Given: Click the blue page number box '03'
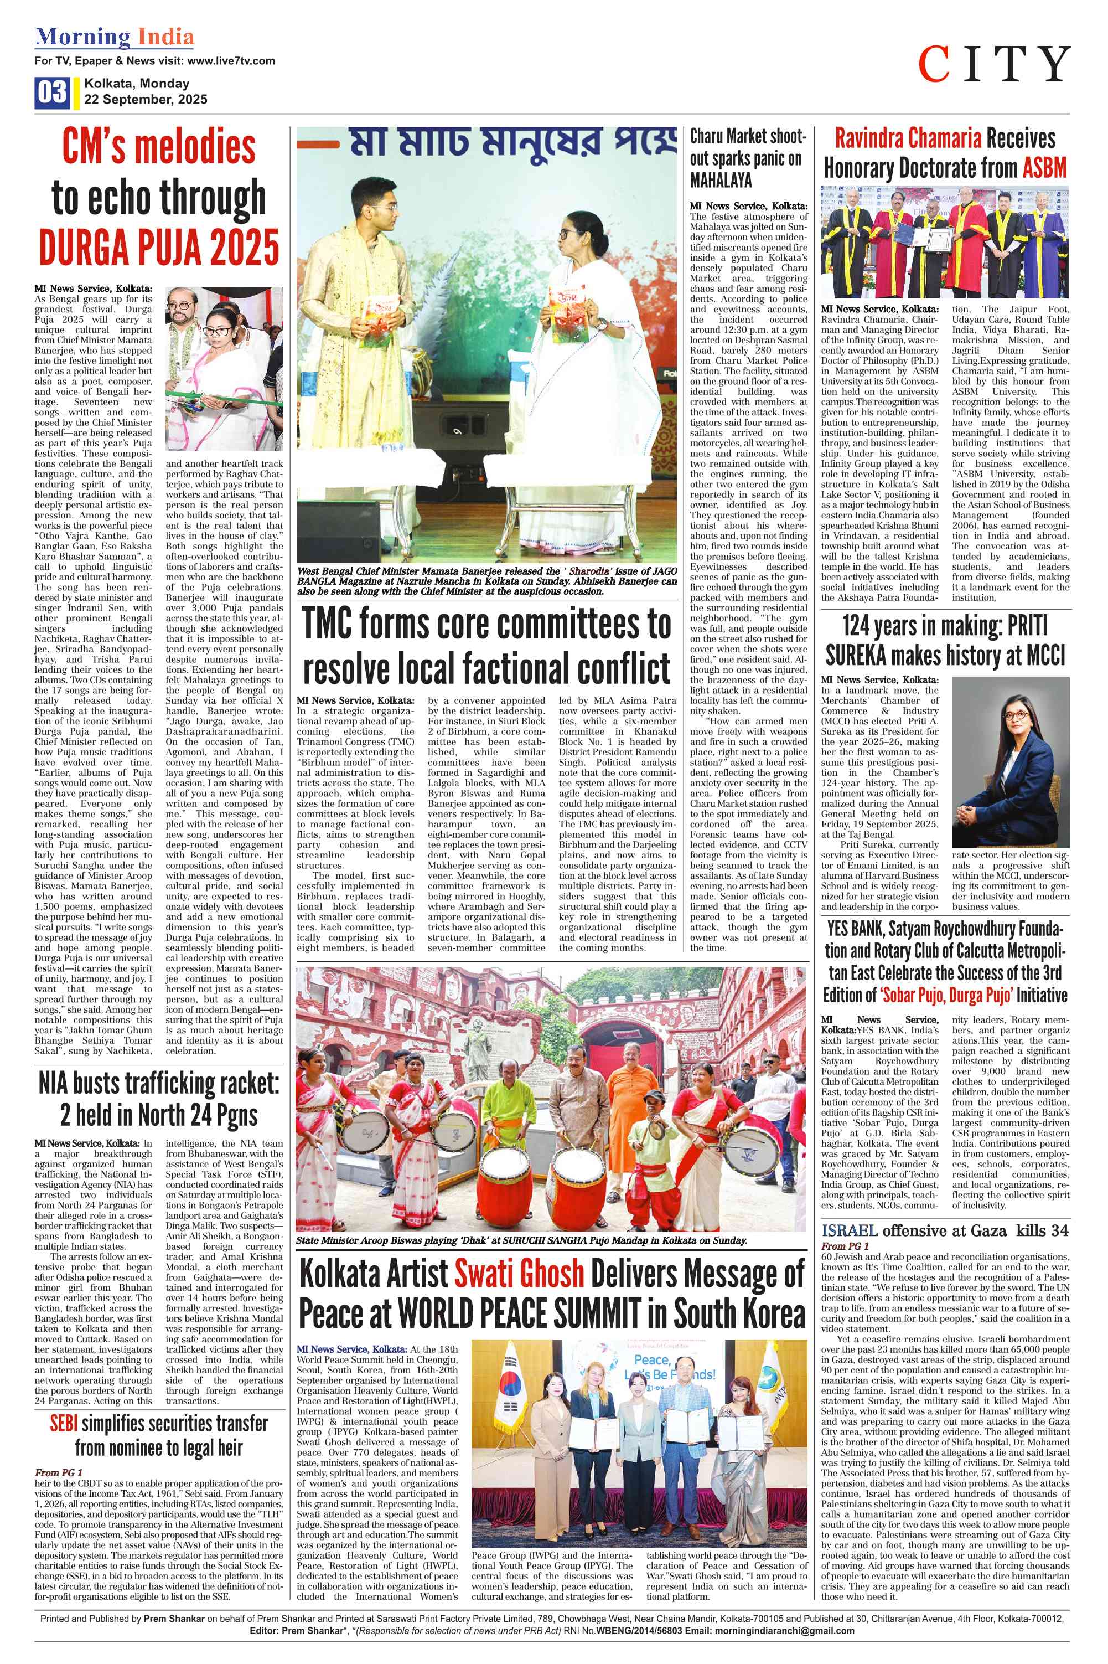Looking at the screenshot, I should (51, 92).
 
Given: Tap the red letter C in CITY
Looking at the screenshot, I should (934, 64).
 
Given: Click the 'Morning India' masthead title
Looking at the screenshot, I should (115, 37).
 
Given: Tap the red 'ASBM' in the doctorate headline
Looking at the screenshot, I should (1044, 168).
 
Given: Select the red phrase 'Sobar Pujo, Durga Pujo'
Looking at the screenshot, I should (947, 995).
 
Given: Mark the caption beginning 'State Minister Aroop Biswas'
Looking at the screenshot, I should (521, 1240).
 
